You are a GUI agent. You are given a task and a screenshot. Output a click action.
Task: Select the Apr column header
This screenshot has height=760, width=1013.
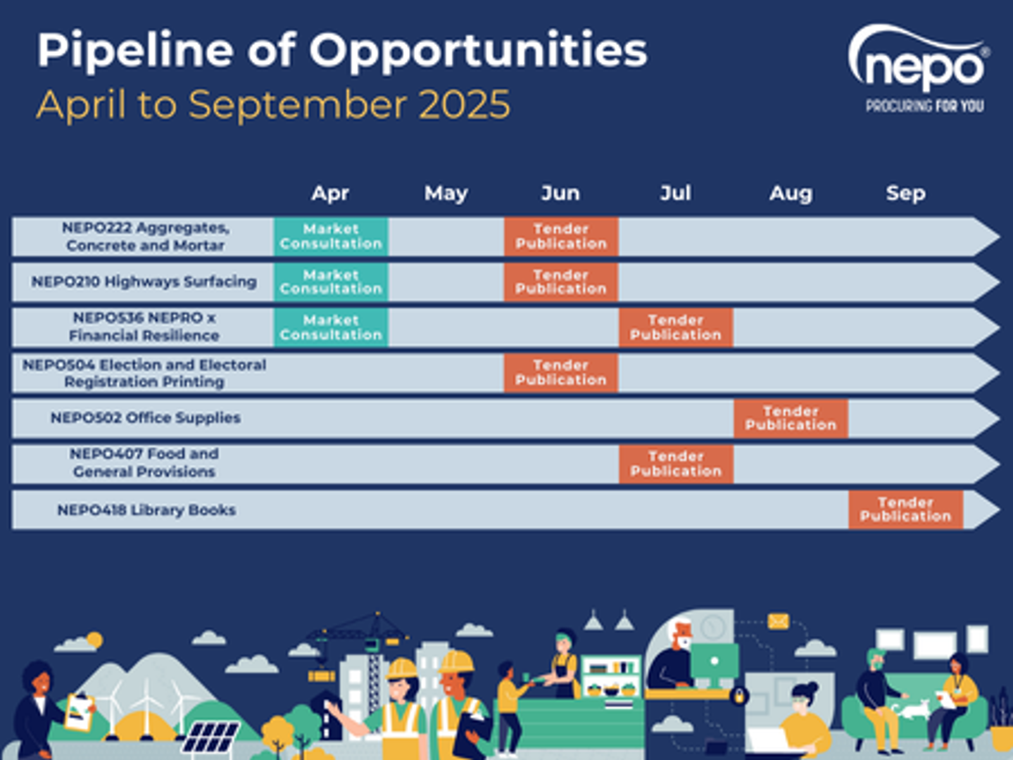330,193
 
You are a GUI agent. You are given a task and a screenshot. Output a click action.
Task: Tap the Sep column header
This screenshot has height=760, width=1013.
905,193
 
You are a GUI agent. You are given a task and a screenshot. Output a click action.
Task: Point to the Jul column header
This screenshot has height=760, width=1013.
676,193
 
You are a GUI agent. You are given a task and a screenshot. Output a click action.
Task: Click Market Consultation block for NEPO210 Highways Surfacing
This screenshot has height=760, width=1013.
331,282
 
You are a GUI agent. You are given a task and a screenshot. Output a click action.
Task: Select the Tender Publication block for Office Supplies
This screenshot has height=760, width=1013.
791,418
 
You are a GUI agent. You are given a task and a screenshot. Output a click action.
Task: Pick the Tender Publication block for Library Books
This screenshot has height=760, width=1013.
905,509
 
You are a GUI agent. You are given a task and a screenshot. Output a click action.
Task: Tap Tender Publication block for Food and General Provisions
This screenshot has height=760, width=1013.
676,464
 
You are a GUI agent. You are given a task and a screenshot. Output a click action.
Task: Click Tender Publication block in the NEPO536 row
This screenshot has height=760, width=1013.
676,327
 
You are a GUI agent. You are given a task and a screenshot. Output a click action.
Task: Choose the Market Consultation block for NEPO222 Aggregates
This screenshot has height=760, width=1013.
331,236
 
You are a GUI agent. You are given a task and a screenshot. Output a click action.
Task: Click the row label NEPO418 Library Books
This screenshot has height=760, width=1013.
146,510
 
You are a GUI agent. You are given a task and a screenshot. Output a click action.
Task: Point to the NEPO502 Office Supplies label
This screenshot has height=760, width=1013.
146,417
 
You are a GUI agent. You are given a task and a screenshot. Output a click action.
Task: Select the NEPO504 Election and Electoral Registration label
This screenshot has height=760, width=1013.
144,373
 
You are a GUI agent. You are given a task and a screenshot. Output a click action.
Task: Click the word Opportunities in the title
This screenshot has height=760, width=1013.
478,52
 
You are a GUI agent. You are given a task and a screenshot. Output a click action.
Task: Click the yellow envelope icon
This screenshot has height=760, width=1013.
777,621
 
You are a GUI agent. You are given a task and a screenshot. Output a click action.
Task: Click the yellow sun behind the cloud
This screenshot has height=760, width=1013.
94,640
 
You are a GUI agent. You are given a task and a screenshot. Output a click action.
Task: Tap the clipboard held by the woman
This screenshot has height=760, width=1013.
79,713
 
